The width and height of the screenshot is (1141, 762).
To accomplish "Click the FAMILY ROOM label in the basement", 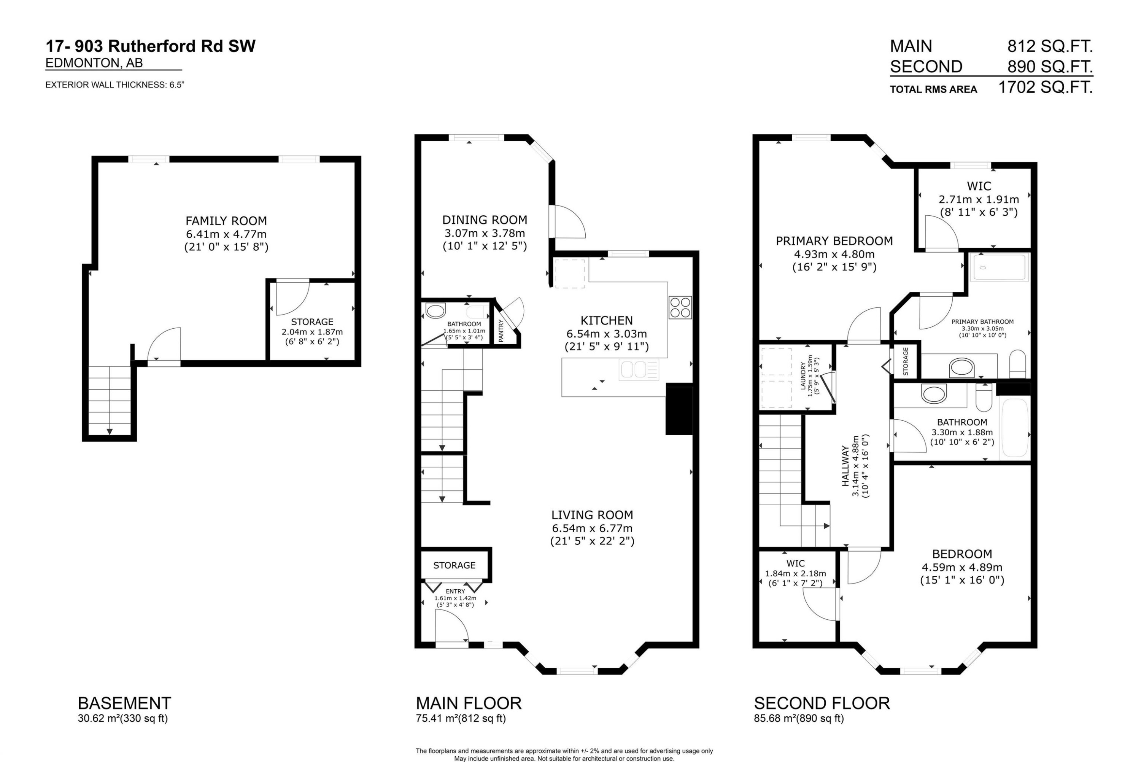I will tap(226, 221).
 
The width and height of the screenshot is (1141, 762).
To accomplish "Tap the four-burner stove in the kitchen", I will tap(680, 307).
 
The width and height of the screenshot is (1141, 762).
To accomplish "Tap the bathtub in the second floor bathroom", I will tap(1015, 428).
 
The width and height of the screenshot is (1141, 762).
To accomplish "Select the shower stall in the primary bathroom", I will tap(999, 267).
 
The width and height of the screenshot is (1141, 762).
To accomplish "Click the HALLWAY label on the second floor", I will tap(845, 466).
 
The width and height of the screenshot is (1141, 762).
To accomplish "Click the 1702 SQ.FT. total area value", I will tap(1045, 88).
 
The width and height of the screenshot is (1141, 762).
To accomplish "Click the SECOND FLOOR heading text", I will tap(822, 703).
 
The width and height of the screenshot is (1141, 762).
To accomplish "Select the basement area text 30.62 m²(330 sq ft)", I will tap(122, 719).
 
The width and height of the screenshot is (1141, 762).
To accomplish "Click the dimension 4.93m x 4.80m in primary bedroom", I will tap(834, 254).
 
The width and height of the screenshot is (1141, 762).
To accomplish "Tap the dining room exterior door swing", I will tap(568, 223).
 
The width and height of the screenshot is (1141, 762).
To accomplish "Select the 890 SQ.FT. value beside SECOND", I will tap(1050, 67).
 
